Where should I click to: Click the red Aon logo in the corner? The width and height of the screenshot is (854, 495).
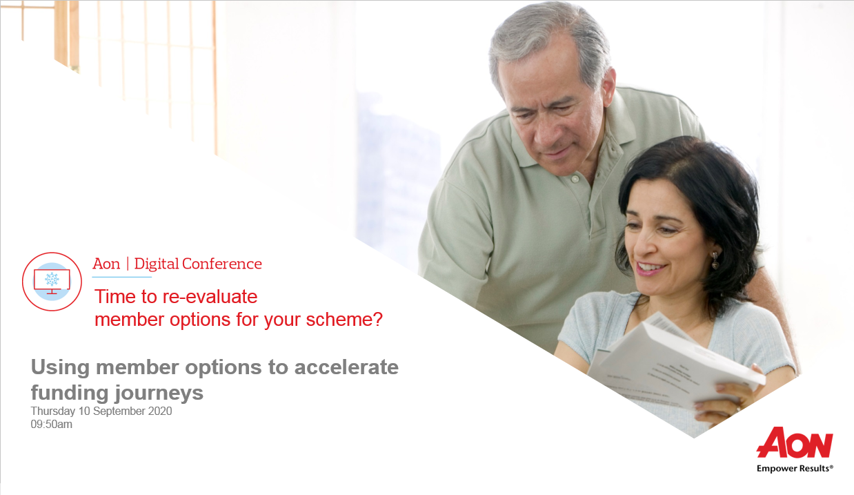point(795,443)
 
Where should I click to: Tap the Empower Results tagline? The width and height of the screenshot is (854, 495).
point(795,468)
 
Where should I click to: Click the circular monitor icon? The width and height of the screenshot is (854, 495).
point(52,282)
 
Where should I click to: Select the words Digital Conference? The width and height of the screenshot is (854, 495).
point(198,264)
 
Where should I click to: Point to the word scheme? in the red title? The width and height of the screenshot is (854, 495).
point(344,320)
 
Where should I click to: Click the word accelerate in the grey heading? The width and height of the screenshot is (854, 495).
point(346,367)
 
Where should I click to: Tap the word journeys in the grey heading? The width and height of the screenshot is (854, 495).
point(160,393)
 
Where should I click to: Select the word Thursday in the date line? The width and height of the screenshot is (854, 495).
point(53,411)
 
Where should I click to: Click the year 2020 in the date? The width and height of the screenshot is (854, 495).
point(160,411)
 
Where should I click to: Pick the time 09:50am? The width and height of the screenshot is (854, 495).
point(52,425)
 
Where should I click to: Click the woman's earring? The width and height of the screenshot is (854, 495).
point(715,260)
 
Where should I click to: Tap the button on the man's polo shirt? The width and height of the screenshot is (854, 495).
point(575,179)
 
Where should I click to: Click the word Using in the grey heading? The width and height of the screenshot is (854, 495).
point(60,368)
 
